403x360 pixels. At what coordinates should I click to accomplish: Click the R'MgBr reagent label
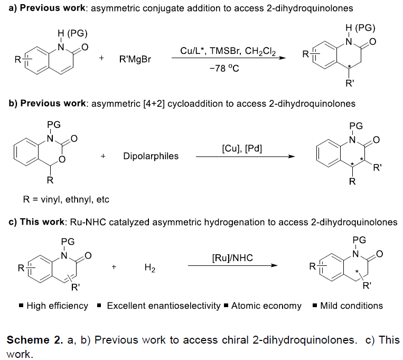click(x=135, y=59)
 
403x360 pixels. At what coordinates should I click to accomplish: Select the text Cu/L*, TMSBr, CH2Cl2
click(x=228, y=51)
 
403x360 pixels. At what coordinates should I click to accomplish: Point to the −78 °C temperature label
click(x=224, y=68)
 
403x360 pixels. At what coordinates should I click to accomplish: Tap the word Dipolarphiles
click(x=151, y=156)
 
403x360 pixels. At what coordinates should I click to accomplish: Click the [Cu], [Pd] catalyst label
click(x=242, y=149)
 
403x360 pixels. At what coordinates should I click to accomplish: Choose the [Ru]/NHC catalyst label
click(x=232, y=257)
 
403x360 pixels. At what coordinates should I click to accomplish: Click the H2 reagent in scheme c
click(x=150, y=267)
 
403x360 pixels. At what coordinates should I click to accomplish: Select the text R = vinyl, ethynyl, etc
click(x=66, y=199)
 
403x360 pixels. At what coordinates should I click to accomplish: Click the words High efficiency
click(x=58, y=306)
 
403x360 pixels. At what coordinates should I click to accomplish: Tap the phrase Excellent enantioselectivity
click(x=164, y=306)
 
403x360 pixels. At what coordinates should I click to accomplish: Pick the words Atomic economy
click(x=266, y=306)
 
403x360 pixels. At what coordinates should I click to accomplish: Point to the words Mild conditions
click(x=352, y=306)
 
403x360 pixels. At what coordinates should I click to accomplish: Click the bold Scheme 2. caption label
click(x=35, y=340)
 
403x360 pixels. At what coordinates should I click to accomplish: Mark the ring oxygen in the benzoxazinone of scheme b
click(x=62, y=159)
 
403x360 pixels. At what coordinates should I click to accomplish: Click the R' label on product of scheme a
click(x=350, y=83)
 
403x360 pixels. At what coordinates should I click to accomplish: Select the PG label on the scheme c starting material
click(x=68, y=242)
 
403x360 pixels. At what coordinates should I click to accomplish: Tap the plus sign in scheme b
click(x=103, y=156)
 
